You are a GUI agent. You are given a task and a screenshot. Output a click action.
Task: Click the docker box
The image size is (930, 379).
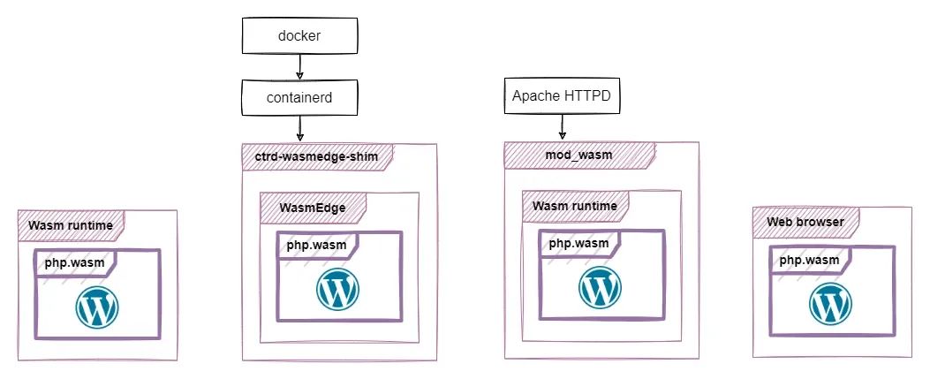tap(300, 36)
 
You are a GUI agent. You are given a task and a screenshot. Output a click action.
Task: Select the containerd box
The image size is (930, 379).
tap(300, 96)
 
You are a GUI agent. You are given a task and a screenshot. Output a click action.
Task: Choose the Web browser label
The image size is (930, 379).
tap(805, 221)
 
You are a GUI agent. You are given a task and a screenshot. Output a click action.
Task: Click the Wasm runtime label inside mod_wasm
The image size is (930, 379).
tap(574, 207)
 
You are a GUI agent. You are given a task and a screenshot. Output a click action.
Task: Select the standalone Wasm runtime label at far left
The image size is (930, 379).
tap(71, 225)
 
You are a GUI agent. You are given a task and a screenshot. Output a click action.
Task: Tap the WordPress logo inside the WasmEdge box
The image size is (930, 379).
tap(337, 289)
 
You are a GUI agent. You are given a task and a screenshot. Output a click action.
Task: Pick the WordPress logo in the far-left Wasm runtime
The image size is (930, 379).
tap(97, 307)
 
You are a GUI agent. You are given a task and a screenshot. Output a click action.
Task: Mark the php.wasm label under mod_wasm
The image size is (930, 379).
tap(579, 243)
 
